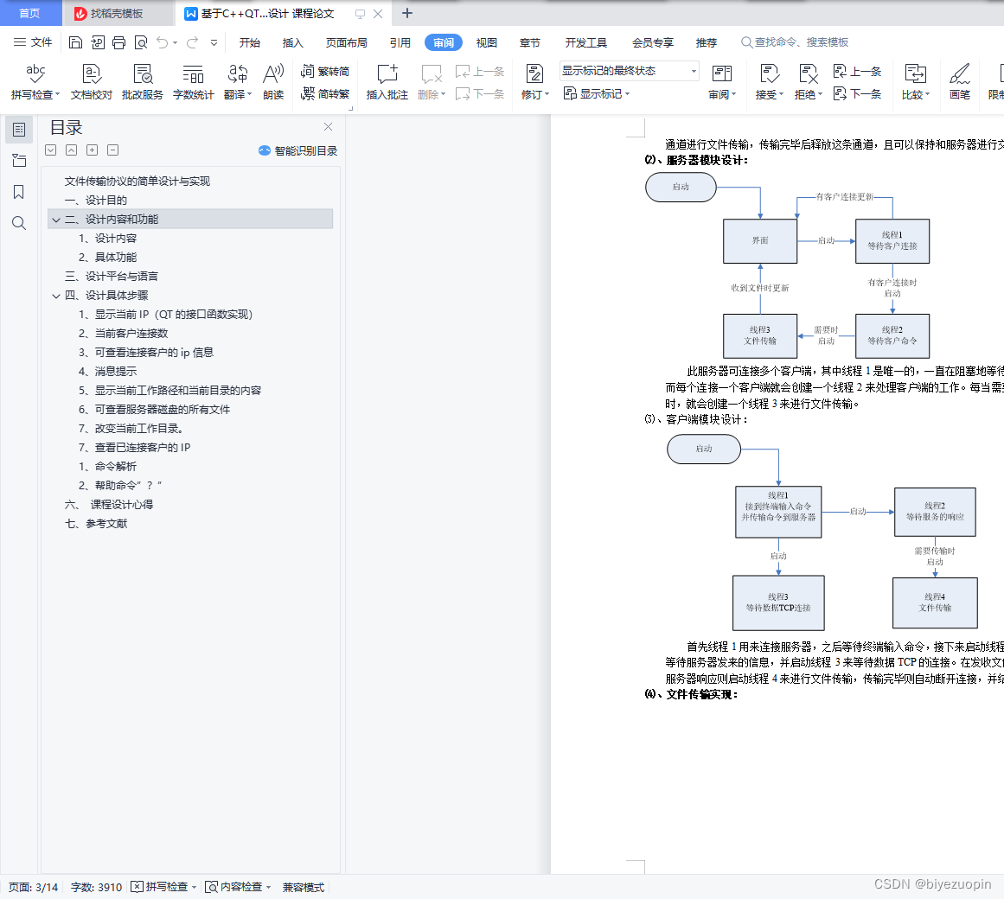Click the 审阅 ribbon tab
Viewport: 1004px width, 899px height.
click(x=444, y=42)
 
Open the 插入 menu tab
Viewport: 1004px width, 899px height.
click(x=293, y=42)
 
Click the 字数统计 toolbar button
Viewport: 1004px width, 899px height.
click(x=193, y=81)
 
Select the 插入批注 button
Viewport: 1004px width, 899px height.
click(x=387, y=81)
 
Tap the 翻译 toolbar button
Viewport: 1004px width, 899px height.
click(x=237, y=81)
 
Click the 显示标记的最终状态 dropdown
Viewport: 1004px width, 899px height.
click(x=629, y=71)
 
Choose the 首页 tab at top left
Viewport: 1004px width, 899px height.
click(x=29, y=13)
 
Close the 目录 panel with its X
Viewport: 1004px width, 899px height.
click(x=328, y=127)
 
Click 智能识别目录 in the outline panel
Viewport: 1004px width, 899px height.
click(x=297, y=150)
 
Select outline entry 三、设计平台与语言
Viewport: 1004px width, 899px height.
click(x=112, y=277)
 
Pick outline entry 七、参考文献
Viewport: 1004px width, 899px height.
click(x=96, y=524)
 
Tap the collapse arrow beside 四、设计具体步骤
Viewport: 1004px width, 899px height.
click(x=56, y=296)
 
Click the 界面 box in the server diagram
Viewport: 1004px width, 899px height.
click(x=760, y=240)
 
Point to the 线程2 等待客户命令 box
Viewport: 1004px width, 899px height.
click(x=892, y=335)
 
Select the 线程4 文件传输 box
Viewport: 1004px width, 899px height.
click(x=934, y=603)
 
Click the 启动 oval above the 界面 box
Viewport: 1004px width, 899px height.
click(x=681, y=187)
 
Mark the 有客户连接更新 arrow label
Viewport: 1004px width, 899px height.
click(x=844, y=197)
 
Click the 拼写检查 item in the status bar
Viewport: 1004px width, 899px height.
click(x=164, y=887)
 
